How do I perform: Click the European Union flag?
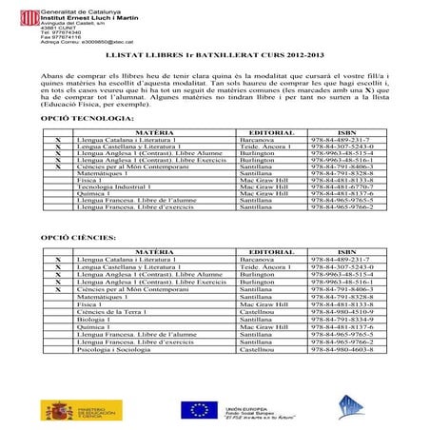(198, 409)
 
